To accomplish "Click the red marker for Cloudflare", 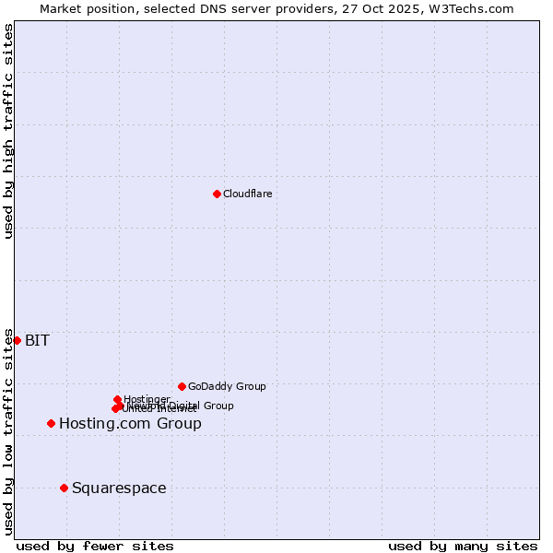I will pos(217,194).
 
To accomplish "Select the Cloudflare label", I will pos(247,194).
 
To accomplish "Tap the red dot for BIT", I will pos(17,340).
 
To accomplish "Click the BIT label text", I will pos(37,340).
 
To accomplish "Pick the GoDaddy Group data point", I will pos(182,386).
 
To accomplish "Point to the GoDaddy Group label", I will pos(227,386).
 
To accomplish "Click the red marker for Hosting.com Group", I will pos(51,423).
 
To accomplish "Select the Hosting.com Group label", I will pos(130,423).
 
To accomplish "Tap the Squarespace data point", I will pos(64,488).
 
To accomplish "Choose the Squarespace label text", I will pos(119,488).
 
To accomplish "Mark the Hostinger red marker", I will pos(117,399).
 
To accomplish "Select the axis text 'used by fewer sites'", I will pos(95,546).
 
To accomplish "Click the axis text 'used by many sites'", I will pos(463,546).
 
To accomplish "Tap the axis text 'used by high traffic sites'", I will pos(8,131).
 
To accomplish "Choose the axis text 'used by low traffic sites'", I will pos(8,431).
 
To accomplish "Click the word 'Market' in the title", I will pos(61,8).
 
